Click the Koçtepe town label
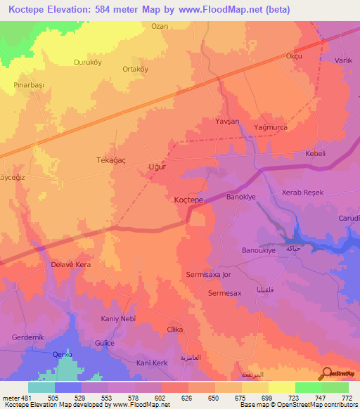coord(188,200)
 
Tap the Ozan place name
coord(160,27)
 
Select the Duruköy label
coord(89,62)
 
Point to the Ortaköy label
coord(136,69)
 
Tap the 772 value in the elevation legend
coord(345,398)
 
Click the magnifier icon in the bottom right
coord(326,372)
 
